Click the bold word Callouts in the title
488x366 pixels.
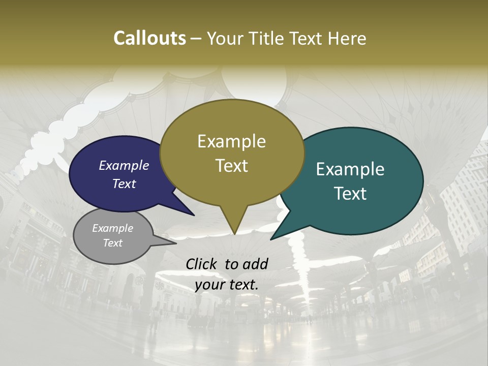[x=149, y=38]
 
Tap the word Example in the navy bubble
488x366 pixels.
[x=124, y=165]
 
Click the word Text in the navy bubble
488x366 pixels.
[x=124, y=184]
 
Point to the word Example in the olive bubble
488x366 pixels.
[x=231, y=141]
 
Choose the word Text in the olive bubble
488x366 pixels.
[x=232, y=165]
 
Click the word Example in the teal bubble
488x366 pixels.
[x=350, y=169]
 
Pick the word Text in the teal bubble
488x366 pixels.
[x=351, y=193]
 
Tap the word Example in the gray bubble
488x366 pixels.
[x=113, y=228]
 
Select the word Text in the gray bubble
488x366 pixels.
[x=113, y=243]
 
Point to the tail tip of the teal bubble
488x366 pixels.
[x=271, y=239]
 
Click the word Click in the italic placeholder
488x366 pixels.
[x=202, y=264]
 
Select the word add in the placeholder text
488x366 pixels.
[x=255, y=264]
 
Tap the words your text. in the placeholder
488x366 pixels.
[x=227, y=285]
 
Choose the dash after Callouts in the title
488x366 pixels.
[x=196, y=39]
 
